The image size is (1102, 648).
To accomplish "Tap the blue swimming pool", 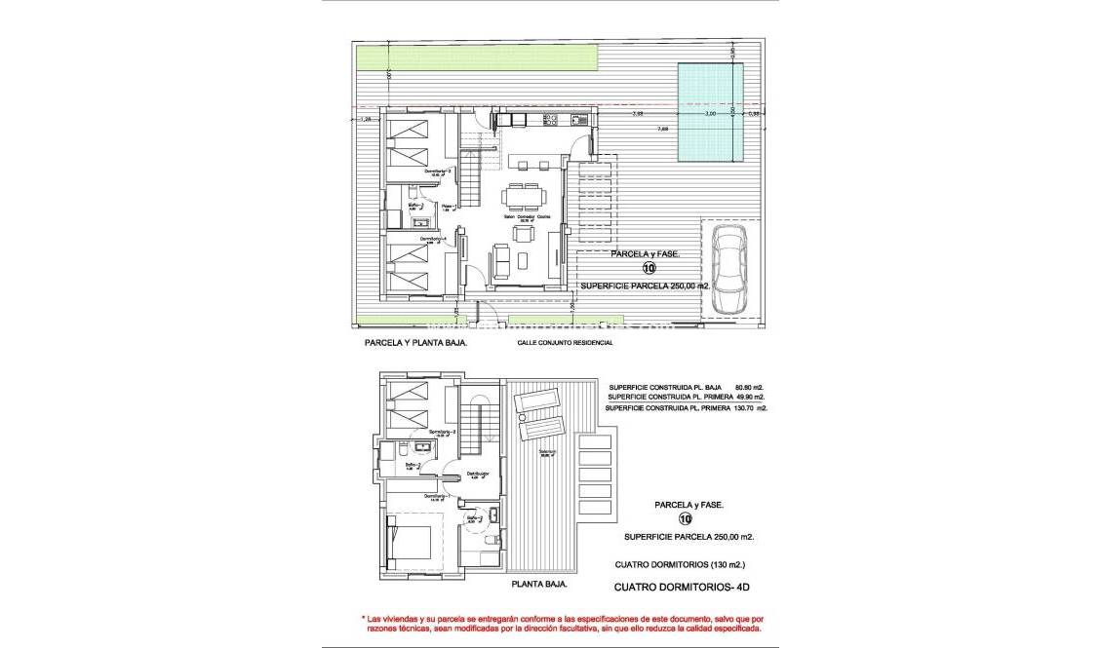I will pos(710,112).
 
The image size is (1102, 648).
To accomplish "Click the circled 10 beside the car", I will pos(649,268).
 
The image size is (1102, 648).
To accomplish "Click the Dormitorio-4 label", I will pos(433,238).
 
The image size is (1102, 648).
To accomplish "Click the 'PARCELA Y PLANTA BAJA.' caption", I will pos(414,343).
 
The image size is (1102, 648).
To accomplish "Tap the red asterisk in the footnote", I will pos(363,619).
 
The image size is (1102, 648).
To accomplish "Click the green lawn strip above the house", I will pos(420,57).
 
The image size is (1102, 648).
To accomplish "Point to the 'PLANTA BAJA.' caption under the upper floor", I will pos(538,586).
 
